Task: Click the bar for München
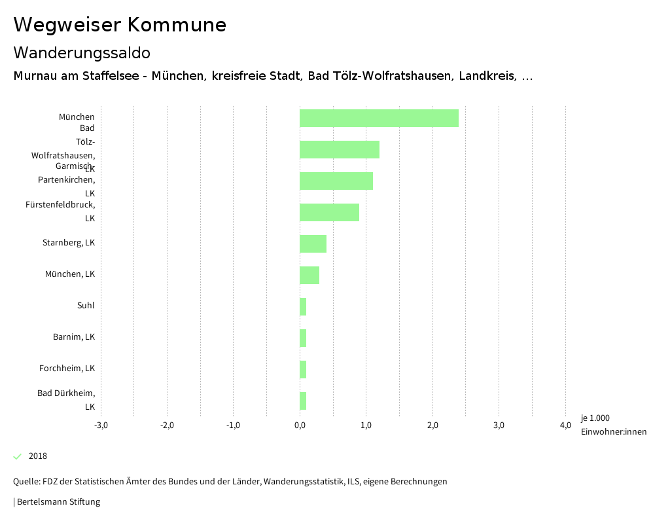(379, 118)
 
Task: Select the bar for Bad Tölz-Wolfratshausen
(339, 149)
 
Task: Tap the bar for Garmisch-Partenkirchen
(336, 181)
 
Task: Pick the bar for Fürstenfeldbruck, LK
(329, 212)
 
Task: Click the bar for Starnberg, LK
(313, 243)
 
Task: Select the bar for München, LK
(309, 275)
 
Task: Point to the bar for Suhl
(303, 306)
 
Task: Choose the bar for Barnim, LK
(303, 338)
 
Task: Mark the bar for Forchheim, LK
(303, 369)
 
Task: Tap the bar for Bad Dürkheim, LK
(303, 401)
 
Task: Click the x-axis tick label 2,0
(432, 425)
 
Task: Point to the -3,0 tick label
(101, 425)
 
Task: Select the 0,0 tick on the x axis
(300, 425)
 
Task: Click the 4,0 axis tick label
(565, 425)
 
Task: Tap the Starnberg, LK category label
(69, 243)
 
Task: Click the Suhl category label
(86, 306)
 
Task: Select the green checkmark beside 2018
(18, 456)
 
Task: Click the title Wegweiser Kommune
(120, 25)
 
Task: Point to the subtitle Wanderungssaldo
(82, 52)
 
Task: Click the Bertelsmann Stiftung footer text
(58, 502)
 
